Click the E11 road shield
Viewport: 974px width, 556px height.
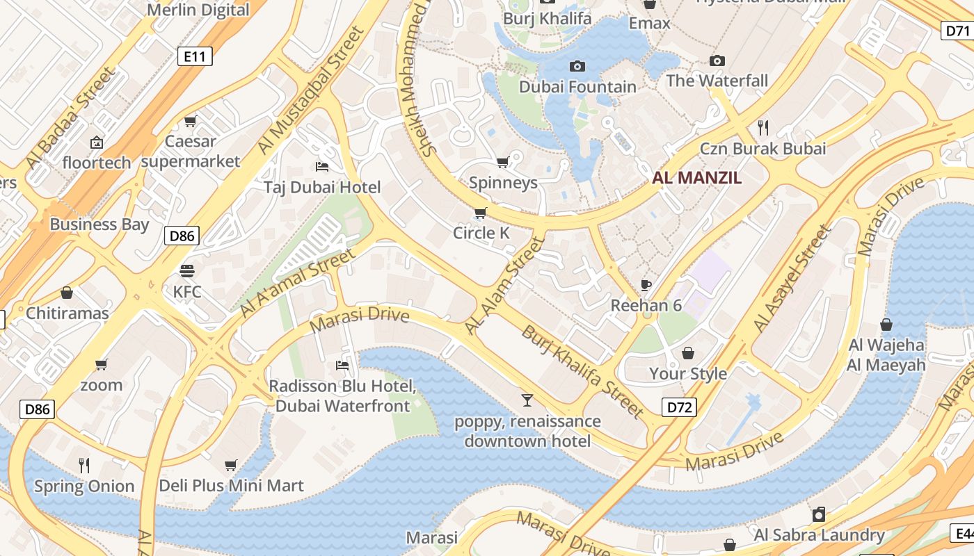195,56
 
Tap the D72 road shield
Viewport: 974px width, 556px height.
678,407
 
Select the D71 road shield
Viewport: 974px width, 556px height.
958,30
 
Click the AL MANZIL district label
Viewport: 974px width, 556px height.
696,178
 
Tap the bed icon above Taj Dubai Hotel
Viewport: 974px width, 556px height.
322,167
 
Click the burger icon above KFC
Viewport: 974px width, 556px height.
186,270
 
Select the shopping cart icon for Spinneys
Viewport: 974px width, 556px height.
502,163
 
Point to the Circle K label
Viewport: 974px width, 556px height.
481,233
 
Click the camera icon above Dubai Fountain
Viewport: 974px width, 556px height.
577,67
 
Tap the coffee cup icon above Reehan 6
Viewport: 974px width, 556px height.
646,285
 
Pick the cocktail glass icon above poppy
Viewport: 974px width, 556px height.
527,400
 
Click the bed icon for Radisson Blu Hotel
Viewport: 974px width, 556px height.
342,365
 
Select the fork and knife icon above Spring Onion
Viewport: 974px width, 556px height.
84,465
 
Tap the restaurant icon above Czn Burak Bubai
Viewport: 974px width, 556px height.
763,127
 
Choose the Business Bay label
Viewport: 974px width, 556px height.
99,224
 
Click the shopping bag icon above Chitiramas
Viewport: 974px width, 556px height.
67,293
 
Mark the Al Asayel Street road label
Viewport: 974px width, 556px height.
792,278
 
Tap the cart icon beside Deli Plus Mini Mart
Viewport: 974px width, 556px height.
231,465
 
